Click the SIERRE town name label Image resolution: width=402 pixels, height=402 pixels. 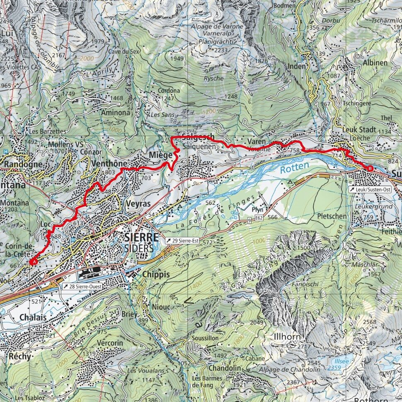click(141, 237)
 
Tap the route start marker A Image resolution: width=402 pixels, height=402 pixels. click(34, 262)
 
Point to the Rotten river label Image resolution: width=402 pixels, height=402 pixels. click(294, 167)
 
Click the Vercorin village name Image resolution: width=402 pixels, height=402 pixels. click(111, 343)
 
